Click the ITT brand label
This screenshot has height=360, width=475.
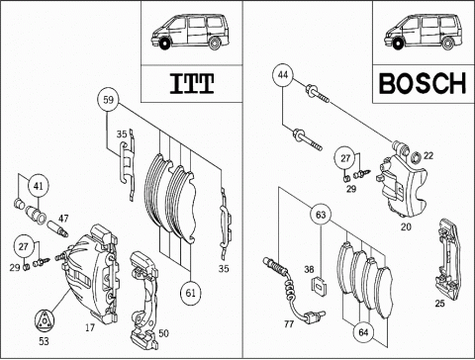click(x=192, y=83)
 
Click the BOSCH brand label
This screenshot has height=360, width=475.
click(x=423, y=83)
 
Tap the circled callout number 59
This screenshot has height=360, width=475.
click(x=108, y=100)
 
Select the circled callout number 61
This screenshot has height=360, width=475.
click(x=191, y=293)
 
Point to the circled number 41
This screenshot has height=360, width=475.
click(x=39, y=186)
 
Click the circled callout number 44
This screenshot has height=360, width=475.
click(x=283, y=75)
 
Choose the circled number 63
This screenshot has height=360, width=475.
click(x=321, y=215)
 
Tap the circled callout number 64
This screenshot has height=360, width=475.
click(x=363, y=332)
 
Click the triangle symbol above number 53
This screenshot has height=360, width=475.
click(x=45, y=320)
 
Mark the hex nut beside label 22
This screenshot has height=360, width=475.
click(x=416, y=157)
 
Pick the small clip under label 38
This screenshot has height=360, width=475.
click(x=319, y=286)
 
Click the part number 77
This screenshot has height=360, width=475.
click(x=289, y=324)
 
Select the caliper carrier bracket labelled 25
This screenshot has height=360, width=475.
click(x=448, y=258)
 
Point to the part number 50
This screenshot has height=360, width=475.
click(x=163, y=333)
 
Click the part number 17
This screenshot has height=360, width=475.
click(x=90, y=327)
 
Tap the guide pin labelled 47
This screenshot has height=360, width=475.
click(x=58, y=228)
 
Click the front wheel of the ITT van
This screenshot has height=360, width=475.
click(x=163, y=45)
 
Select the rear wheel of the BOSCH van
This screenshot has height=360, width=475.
click(x=448, y=45)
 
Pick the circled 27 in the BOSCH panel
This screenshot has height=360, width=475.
click(x=345, y=158)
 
